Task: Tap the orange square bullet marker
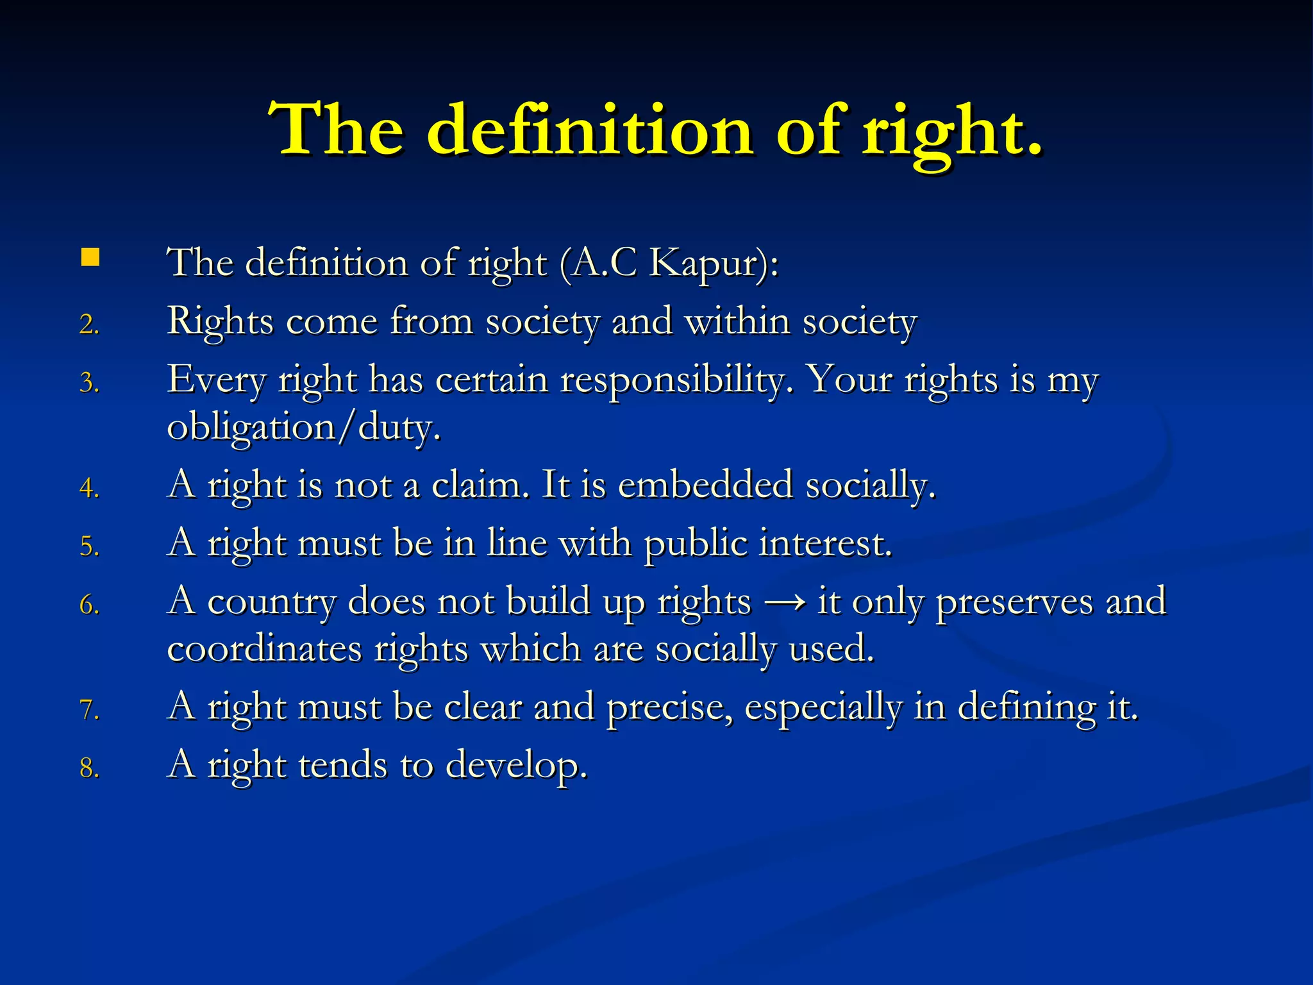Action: pyautogui.click(x=90, y=258)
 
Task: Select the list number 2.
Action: pyautogui.click(x=89, y=324)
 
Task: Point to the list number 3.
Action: pyautogui.click(x=89, y=383)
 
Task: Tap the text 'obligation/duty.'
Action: pyautogui.click(x=304, y=427)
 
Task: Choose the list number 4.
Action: pyautogui.click(x=89, y=489)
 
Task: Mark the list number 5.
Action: pyautogui.click(x=89, y=547)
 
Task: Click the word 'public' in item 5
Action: pyautogui.click(x=695, y=544)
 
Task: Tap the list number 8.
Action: pyautogui.click(x=89, y=768)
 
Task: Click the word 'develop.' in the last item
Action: pyautogui.click(x=516, y=766)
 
